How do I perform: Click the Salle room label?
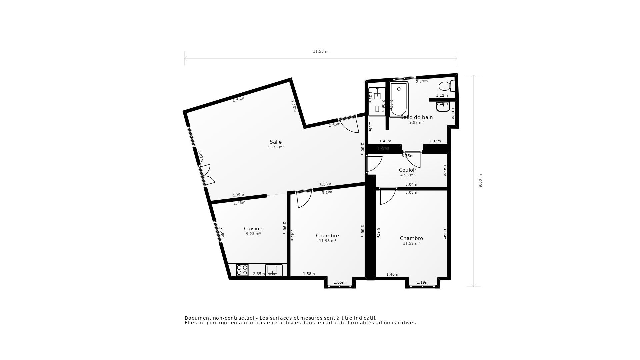coord(275,142)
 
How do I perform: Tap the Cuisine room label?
coord(253,229)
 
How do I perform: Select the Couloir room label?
coord(407,170)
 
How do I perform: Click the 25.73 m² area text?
coord(275,147)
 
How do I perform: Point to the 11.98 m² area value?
coord(327,241)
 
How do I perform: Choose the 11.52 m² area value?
coord(411,243)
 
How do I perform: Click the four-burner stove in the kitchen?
coord(242,270)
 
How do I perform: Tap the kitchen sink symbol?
coord(274,270)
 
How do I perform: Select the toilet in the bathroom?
coord(446,86)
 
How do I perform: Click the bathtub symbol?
coord(399,99)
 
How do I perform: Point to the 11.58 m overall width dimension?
coord(320,51)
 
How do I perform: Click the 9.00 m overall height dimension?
coord(480,181)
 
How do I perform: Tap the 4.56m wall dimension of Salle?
coord(238,99)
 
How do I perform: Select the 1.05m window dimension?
coord(339,282)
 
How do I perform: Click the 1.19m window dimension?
coord(422,282)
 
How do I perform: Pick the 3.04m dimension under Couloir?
coord(411,184)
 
